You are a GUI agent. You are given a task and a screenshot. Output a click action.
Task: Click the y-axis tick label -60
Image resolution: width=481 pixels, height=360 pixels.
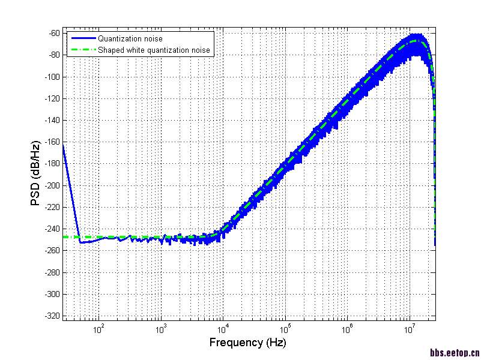pos(52,33)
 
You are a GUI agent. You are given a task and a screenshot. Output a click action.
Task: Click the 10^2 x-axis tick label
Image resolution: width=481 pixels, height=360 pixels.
pos(98,328)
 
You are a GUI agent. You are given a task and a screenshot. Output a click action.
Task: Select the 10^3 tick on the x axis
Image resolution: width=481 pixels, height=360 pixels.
pos(161,328)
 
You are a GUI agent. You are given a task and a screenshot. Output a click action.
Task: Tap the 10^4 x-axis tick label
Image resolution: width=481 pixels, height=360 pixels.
pos(223,328)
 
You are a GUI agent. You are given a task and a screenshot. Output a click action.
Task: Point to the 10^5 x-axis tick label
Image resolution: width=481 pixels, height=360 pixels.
pos(285,328)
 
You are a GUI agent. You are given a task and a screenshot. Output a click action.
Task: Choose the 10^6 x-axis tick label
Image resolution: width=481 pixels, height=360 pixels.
pos(348,328)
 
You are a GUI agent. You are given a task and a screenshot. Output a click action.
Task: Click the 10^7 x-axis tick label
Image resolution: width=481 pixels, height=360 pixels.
pos(410,328)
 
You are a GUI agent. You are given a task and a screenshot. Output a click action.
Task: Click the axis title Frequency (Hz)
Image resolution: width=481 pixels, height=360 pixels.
pos(247,343)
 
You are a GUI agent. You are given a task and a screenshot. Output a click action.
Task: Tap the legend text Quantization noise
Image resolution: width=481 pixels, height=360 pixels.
pos(130,39)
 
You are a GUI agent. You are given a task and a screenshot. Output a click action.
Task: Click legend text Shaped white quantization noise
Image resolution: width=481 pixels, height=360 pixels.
pos(154,50)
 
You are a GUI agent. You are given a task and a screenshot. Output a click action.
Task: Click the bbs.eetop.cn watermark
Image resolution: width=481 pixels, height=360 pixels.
pos(455,353)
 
